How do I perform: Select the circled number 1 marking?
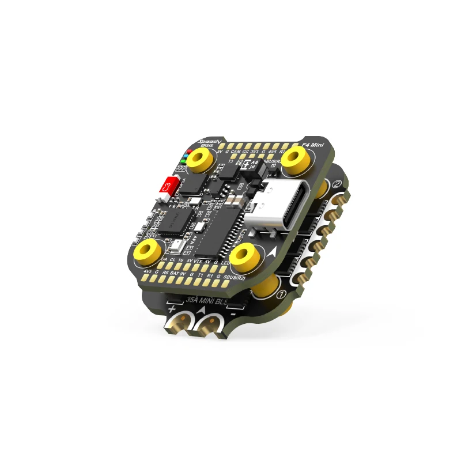point(282,294)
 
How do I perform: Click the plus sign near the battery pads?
point(172,309)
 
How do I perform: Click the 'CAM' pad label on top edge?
point(236,151)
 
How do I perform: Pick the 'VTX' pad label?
point(198,262)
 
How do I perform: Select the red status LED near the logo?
point(187,151)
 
